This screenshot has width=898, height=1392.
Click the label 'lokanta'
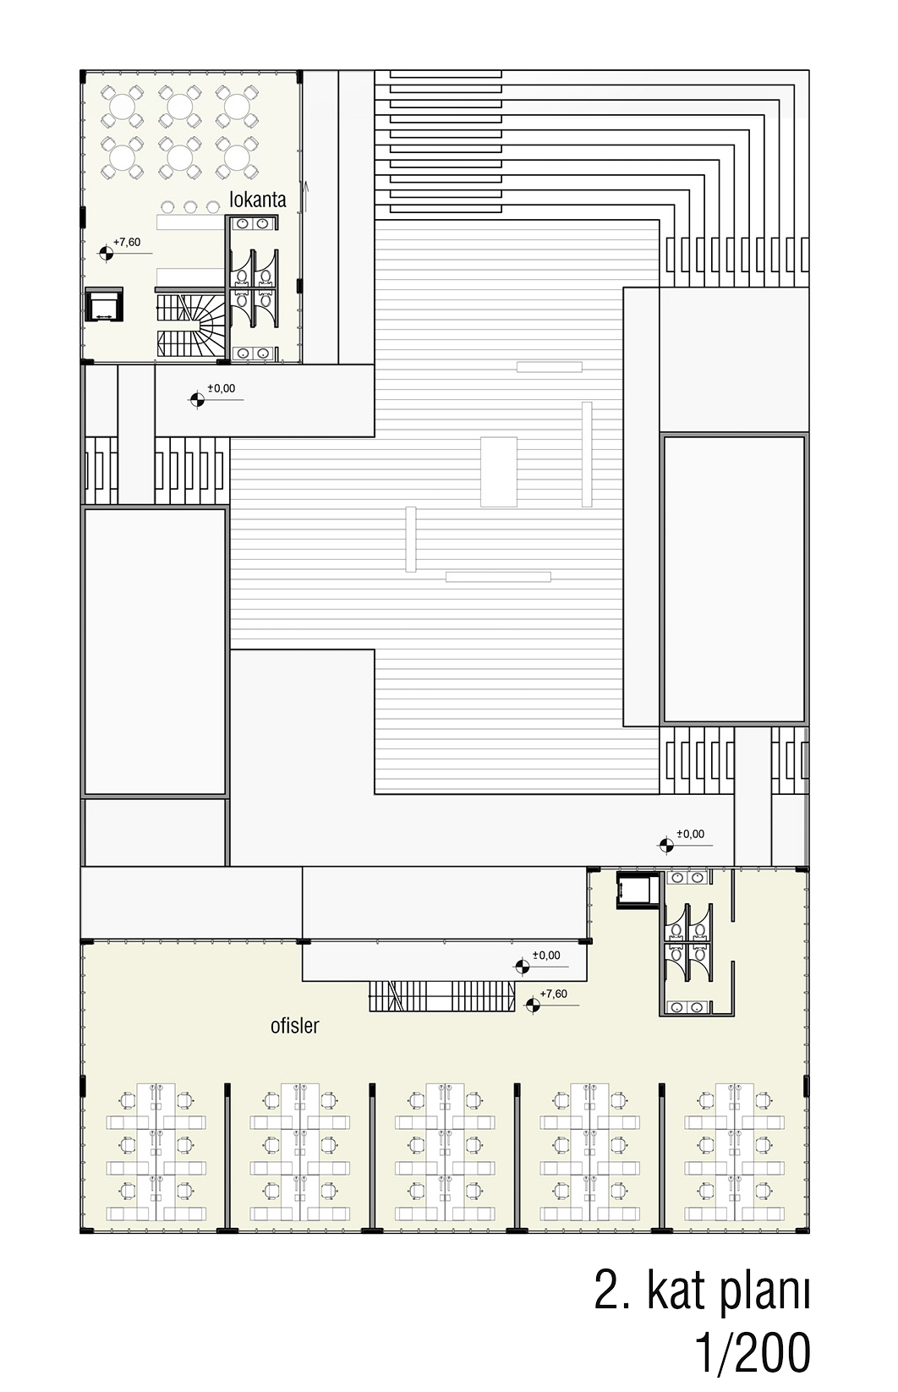click(x=258, y=200)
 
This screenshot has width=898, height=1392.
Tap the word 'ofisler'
click(x=294, y=1025)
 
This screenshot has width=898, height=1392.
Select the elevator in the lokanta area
click(x=104, y=304)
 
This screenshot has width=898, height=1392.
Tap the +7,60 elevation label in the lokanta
click(x=127, y=243)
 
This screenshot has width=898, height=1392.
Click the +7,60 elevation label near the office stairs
click(x=554, y=994)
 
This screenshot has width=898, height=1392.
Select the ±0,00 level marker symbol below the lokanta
click(x=196, y=399)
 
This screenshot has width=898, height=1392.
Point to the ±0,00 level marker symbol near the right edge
click(x=665, y=845)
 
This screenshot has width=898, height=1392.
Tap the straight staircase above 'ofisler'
click(x=442, y=996)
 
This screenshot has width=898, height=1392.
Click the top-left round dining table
click(x=122, y=106)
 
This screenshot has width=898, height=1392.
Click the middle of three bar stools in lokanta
click(x=190, y=206)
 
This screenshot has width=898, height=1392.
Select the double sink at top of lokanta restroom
click(x=252, y=223)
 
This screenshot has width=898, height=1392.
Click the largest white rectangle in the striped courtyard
click(x=498, y=472)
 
